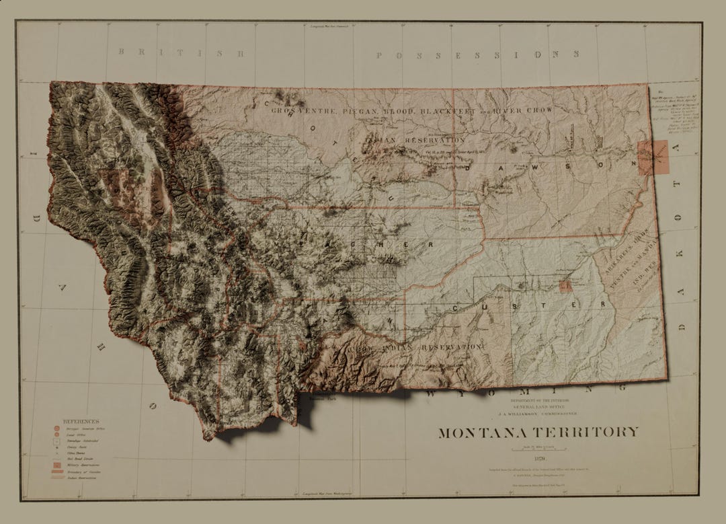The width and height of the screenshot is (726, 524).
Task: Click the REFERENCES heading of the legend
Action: [81, 422]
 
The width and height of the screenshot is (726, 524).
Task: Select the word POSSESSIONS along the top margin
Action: [478, 54]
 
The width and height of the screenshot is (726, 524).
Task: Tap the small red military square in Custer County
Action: [565, 287]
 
